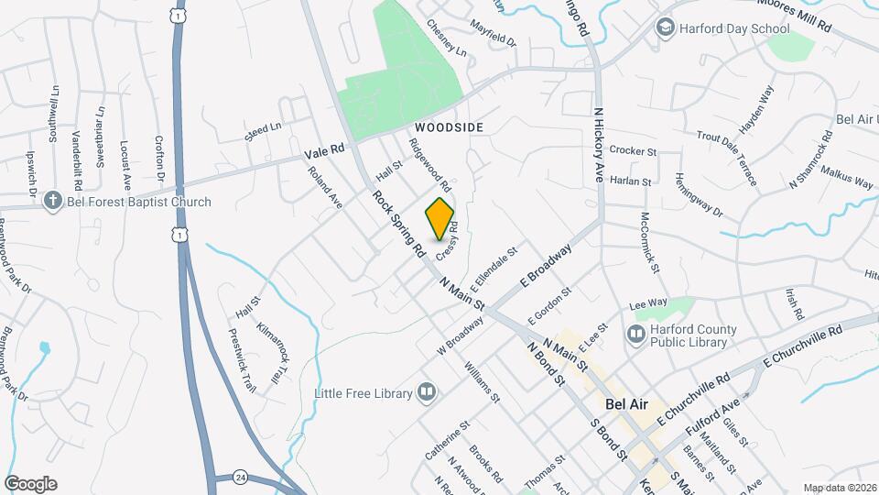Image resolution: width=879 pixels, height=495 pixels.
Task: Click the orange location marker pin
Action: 440,218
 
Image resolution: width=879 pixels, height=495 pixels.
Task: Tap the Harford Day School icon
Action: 665,28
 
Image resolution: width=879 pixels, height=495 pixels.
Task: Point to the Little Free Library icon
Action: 426,393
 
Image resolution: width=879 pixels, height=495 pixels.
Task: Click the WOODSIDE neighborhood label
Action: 449,126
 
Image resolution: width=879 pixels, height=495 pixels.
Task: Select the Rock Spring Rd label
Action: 399,223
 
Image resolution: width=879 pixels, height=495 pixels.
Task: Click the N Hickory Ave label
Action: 599,145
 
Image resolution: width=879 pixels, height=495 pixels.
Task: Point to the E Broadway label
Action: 547,267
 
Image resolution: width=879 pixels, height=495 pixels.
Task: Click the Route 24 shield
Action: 240,477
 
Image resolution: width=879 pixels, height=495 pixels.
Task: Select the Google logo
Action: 30,484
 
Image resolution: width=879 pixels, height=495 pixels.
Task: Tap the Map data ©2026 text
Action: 839,488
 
